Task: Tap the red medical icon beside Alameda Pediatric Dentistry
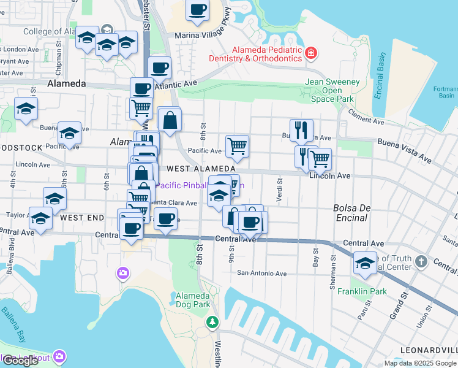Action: pos(312,53)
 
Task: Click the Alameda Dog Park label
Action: pos(193,299)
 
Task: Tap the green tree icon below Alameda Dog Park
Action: pos(212,321)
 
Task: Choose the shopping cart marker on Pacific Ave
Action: pos(237,146)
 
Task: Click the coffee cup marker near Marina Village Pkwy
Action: pos(197,10)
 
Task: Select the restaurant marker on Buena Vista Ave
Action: pos(301,129)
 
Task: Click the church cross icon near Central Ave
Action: pos(421,262)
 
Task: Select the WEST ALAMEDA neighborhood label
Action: pos(201,169)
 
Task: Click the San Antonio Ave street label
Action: pos(261,274)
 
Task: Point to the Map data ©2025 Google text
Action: pos(419,363)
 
